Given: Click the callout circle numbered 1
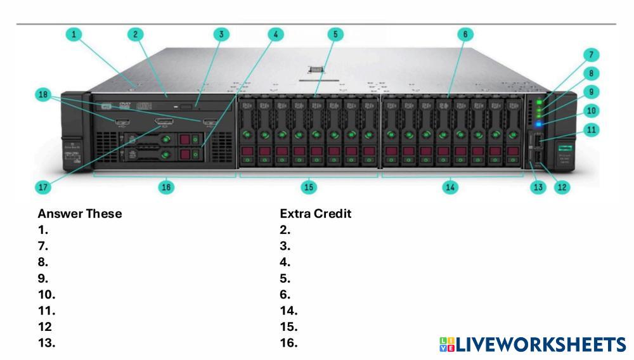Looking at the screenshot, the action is click(75, 34).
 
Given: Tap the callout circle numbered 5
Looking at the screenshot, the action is click(335, 34).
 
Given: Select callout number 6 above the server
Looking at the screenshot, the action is click(465, 34).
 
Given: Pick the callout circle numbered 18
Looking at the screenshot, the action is click(43, 94).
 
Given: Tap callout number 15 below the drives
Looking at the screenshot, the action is click(309, 187).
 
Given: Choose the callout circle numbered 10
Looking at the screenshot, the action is click(591, 110).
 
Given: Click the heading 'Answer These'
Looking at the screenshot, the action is click(79, 214).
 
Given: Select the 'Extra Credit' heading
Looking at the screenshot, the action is click(315, 214).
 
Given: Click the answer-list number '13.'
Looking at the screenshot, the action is click(46, 344).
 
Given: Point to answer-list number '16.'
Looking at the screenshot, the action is click(288, 344).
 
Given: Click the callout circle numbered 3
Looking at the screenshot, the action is click(221, 34).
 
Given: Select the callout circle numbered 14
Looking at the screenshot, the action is click(450, 187).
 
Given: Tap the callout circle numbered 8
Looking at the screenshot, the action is click(591, 73).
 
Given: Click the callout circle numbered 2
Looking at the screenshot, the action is click(135, 34).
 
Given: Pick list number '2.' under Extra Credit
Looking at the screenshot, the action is click(285, 230).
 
